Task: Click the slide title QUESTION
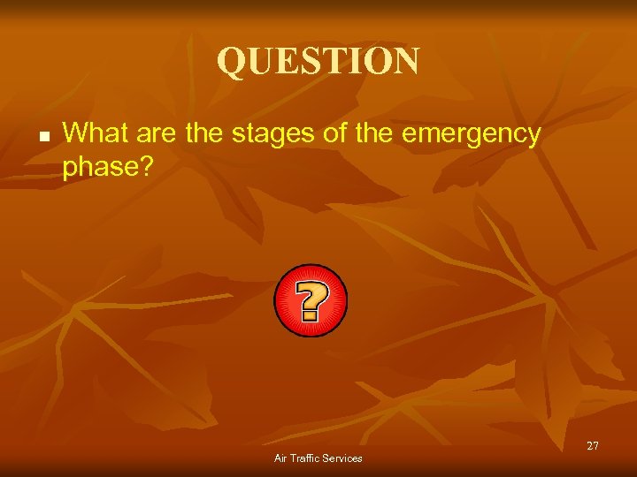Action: coord(318,61)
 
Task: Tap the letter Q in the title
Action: coord(232,62)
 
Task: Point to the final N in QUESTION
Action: coord(403,61)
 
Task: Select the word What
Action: coord(93,133)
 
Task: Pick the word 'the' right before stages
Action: coord(207,133)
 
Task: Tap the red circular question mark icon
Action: coord(310,300)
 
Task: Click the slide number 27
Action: coord(592,446)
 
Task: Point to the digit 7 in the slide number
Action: coord(595,446)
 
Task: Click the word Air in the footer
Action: coord(281,458)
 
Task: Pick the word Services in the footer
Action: coord(342,458)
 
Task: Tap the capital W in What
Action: coord(74,133)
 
